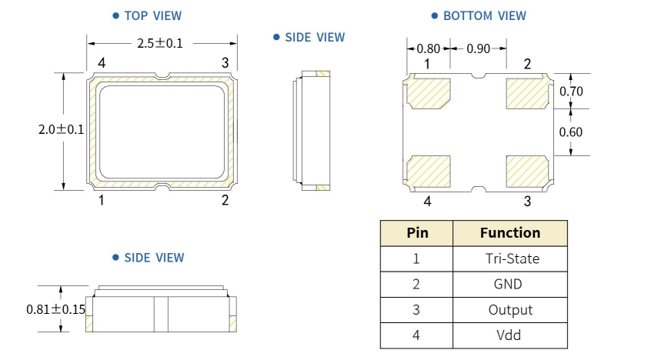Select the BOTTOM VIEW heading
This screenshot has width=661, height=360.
[484, 15]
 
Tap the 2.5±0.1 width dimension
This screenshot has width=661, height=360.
[160, 43]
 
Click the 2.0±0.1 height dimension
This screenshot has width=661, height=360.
[61, 130]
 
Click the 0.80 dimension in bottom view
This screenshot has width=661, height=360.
[429, 48]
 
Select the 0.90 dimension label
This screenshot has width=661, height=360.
[478, 48]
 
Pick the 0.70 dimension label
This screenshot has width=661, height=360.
[571, 92]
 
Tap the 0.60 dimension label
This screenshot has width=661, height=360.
[571, 132]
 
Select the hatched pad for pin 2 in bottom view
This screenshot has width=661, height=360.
[526, 94]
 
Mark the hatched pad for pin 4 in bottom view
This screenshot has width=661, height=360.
[427, 172]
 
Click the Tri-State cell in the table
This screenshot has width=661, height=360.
[512, 258]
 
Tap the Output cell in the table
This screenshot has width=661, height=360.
[510, 310]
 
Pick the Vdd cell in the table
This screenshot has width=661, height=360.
[509, 335]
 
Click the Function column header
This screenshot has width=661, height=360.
[509, 233]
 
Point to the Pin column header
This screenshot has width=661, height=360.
[416, 233]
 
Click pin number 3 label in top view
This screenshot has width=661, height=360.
[225, 62]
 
